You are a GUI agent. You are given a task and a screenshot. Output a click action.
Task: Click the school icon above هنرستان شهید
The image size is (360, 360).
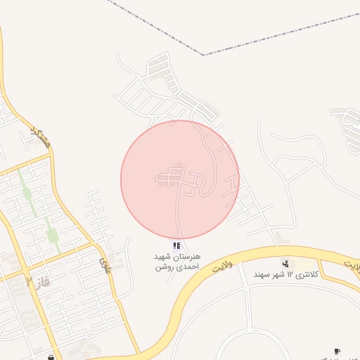[x=176, y=245]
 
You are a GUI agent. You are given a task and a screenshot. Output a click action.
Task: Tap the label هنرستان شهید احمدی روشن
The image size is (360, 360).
[x=176, y=262]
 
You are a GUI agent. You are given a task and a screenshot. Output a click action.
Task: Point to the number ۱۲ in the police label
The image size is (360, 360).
[x=287, y=273]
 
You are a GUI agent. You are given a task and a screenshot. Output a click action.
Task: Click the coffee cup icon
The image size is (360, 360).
[x=337, y=350]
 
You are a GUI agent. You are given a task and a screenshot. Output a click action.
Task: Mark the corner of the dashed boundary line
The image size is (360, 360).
[x=204, y=54]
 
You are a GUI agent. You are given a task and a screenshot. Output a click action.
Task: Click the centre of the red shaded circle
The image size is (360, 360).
[x=180, y=179]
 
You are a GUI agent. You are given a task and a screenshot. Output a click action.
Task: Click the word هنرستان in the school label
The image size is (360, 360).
[x=186, y=257]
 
